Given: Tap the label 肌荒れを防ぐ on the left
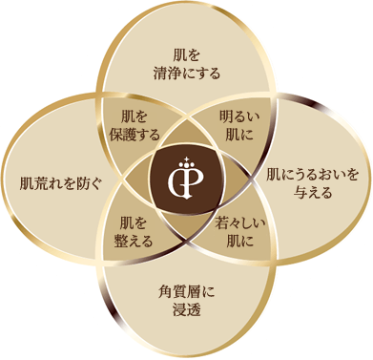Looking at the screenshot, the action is (x=54, y=180).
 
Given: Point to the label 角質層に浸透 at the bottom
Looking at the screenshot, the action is (x=185, y=291).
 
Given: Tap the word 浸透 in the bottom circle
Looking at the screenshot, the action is (x=185, y=300).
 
